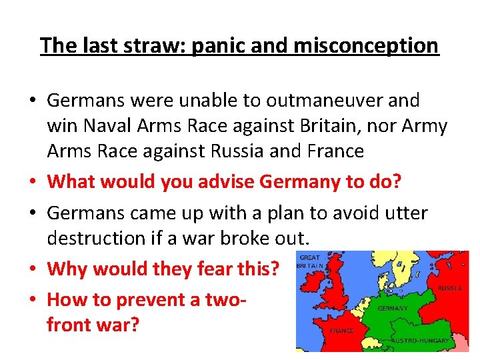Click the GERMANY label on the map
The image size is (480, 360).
[x=393, y=309]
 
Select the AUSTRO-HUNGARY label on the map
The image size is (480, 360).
[x=425, y=341]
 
